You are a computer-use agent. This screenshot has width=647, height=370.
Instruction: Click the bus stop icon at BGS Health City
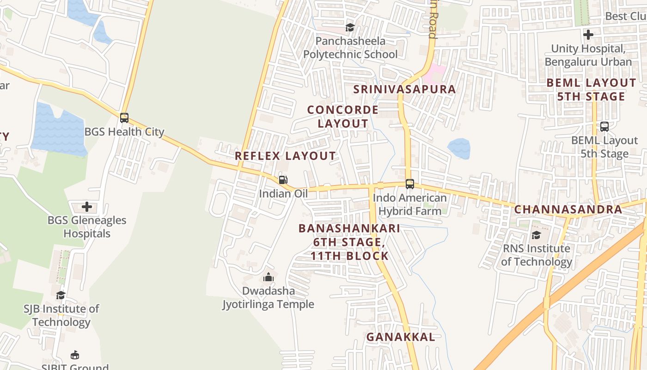tap(124, 118)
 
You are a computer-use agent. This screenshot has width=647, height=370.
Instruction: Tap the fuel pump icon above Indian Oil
tap(283, 180)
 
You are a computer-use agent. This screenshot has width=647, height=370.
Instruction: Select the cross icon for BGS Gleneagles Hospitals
tap(87, 207)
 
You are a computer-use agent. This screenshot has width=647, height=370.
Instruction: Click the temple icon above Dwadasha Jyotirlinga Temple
tap(269, 277)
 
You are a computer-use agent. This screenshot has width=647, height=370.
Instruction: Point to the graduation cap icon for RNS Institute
tap(536, 235)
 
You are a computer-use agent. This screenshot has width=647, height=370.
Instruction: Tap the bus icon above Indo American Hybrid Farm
tap(409, 184)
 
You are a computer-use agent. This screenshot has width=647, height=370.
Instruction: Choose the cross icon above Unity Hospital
tap(588, 35)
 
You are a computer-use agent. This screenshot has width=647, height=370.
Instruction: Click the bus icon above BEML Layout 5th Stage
tap(604, 126)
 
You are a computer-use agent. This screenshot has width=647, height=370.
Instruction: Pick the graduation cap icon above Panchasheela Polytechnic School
tap(350, 27)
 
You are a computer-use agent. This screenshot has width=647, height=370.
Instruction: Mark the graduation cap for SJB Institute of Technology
tap(61, 295)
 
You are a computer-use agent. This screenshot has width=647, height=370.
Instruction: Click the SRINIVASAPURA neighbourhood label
tap(404, 89)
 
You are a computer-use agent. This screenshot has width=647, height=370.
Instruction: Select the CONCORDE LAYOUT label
tap(343, 117)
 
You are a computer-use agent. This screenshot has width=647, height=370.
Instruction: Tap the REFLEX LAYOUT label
tap(285, 156)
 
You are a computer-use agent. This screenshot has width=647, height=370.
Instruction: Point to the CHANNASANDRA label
tap(568, 209)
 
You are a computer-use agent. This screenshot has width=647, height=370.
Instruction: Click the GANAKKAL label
tap(401, 337)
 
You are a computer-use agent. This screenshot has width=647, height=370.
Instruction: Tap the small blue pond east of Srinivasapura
tap(459, 148)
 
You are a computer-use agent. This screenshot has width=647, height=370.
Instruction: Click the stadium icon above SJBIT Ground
tap(74, 355)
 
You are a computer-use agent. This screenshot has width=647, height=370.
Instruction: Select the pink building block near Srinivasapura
tap(435, 74)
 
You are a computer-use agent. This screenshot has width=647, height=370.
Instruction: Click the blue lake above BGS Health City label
tap(59, 130)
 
